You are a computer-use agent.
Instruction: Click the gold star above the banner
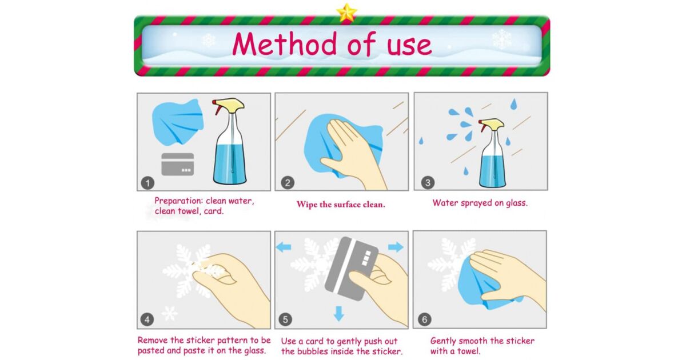[x=346, y=13]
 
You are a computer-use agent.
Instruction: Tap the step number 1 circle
[x=147, y=183]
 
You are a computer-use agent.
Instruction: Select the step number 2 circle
[x=288, y=183]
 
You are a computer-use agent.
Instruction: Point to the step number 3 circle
[x=428, y=183]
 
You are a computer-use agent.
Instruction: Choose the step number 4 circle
[x=147, y=319]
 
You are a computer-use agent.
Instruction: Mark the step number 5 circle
[x=285, y=319]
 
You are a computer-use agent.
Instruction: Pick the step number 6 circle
[x=425, y=319]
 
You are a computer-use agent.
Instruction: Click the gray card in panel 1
[x=178, y=165]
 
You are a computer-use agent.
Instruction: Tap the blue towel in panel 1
[x=178, y=122]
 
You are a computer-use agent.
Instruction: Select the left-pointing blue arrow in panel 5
[x=284, y=247]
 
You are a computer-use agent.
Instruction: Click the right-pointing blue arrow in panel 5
[x=396, y=247]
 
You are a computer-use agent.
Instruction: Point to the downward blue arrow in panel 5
[x=338, y=314]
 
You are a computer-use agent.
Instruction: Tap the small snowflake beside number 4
[x=170, y=314]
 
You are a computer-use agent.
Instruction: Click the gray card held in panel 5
[x=350, y=269]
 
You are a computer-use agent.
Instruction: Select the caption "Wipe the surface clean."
[x=341, y=205]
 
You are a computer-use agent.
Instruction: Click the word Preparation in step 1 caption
[x=179, y=201]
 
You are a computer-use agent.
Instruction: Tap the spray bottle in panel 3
[x=492, y=153]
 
